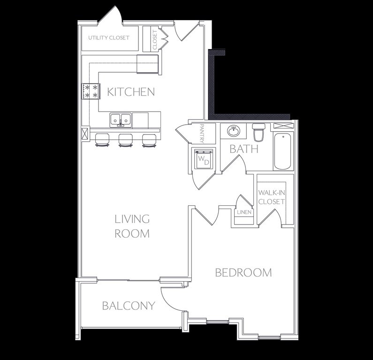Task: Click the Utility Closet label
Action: point(109,38)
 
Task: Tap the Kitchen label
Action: point(131,92)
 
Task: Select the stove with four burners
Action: point(91,91)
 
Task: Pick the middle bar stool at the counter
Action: point(126,140)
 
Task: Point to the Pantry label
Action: point(202,133)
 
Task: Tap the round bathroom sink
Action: point(234,131)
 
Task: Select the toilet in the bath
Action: point(259,132)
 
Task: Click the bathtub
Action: point(282,151)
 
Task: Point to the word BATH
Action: point(244,149)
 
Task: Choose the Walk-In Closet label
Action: point(272,197)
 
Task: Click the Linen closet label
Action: point(244,212)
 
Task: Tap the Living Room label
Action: point(132,226)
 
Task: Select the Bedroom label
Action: point(244,272)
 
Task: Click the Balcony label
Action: point(129,306)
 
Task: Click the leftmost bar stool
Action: point(102,140)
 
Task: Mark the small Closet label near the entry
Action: point(155,40)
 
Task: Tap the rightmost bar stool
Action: point(149,140)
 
